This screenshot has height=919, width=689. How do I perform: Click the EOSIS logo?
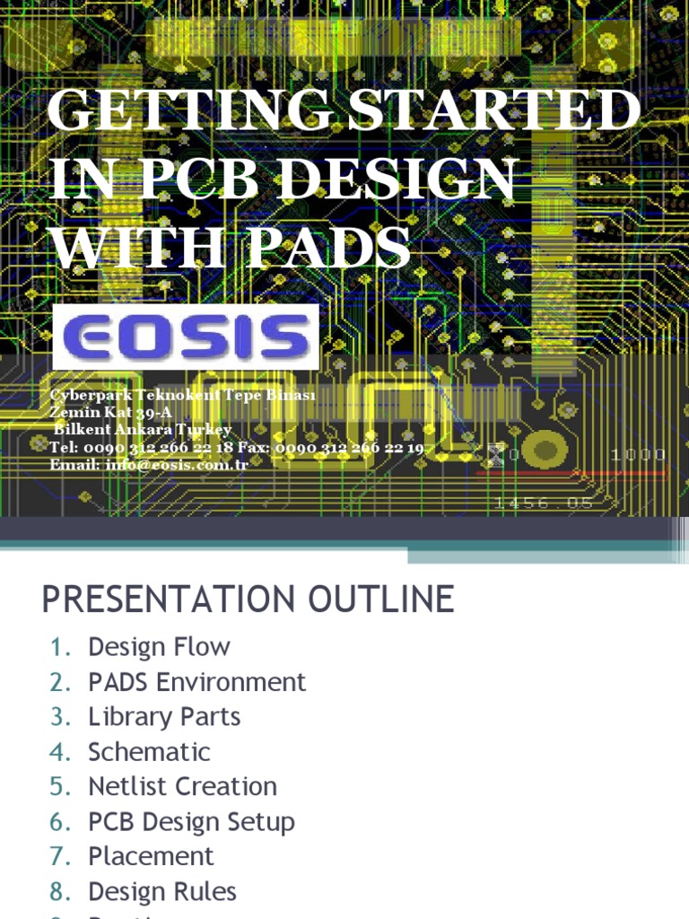[186, 337]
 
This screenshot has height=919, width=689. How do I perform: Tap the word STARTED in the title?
[493, 113]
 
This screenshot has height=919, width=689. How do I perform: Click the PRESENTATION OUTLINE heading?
[249, 600]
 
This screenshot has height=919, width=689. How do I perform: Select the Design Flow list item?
[159, 647]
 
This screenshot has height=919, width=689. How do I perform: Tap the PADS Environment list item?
[196, 682]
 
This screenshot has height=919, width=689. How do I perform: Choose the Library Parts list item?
[164, 717]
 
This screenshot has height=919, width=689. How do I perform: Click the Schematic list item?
[149, 752]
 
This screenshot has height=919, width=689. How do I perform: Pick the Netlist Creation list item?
[182, 787]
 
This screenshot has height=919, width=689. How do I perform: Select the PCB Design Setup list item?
[191, 822]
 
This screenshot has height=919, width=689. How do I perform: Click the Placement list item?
[151, 857]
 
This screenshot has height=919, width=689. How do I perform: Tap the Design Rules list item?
[162, 892]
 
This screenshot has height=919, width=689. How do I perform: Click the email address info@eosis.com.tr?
[149, 464]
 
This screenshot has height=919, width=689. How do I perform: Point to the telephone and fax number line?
[237, 447]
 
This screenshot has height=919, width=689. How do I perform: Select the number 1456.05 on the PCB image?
[544, 503]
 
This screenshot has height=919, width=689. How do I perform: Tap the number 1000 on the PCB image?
[638, 455]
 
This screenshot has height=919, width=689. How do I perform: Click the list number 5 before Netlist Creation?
[59, 787]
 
